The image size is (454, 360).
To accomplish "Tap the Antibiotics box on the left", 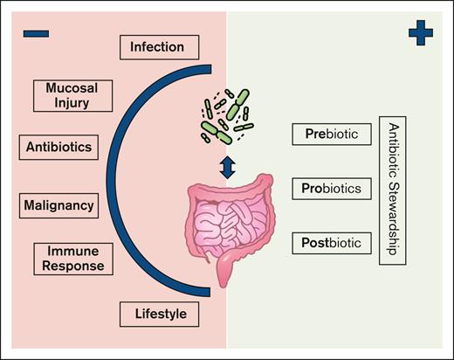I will point(59,145).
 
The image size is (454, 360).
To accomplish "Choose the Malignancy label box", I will point(59,206).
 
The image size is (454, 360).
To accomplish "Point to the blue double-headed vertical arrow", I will point(227,167).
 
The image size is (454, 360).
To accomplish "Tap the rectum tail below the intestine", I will point(226,273).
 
